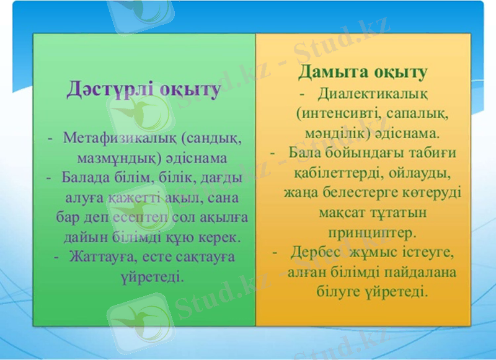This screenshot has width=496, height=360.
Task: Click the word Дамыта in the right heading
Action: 333,72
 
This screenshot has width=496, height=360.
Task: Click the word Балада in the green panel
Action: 84,178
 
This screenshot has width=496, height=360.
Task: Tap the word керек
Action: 222,237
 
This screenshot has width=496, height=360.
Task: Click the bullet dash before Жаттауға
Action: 57,257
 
